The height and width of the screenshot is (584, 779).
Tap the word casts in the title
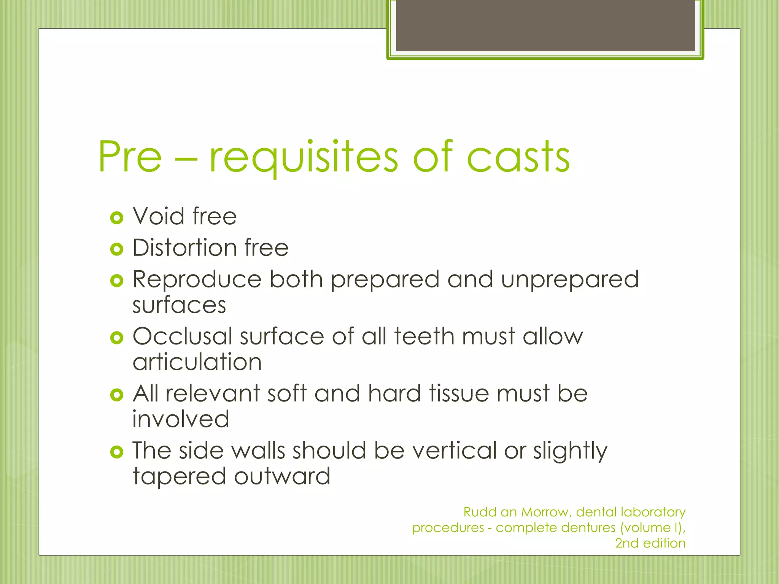(x=518, y=157)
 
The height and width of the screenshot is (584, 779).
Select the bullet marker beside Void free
(x=116, y=218)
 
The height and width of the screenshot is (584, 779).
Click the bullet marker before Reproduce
(x=116, y=281)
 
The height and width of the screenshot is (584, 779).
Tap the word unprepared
(x=569, y=280)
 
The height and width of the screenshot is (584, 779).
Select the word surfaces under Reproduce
(x=179, y=305)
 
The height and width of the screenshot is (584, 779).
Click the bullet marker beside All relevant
(x=116, y=395)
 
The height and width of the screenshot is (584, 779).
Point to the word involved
(x=181, y=419)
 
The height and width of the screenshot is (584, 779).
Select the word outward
(x=282, y=476)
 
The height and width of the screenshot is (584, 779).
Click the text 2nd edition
(x=650, y=543)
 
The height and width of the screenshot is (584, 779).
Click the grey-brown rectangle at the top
(x=545, y=25)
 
